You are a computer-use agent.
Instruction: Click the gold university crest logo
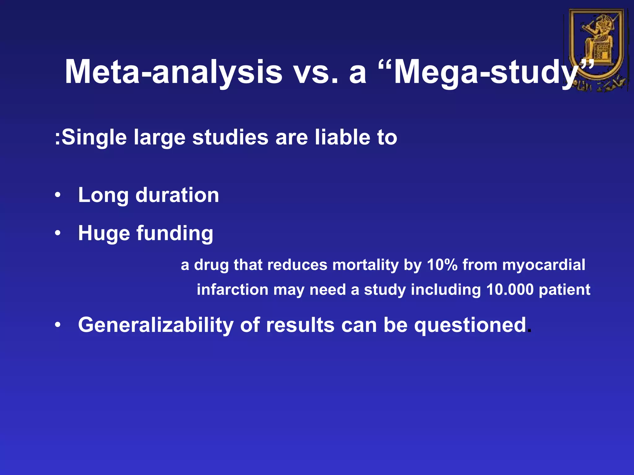(597, 49)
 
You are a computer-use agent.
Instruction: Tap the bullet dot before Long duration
(58, 195)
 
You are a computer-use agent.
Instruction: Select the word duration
(177, 195)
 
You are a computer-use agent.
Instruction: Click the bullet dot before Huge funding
(58, 233)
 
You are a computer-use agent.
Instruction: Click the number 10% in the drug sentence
(442, 265)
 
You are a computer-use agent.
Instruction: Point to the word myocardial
(544, 265)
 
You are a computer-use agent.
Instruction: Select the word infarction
(232, 290)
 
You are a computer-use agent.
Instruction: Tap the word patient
(564, 290)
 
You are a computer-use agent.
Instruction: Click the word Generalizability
(156, 325)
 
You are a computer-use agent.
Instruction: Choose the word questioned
(470, 325)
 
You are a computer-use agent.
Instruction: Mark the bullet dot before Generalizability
(58, 325)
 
